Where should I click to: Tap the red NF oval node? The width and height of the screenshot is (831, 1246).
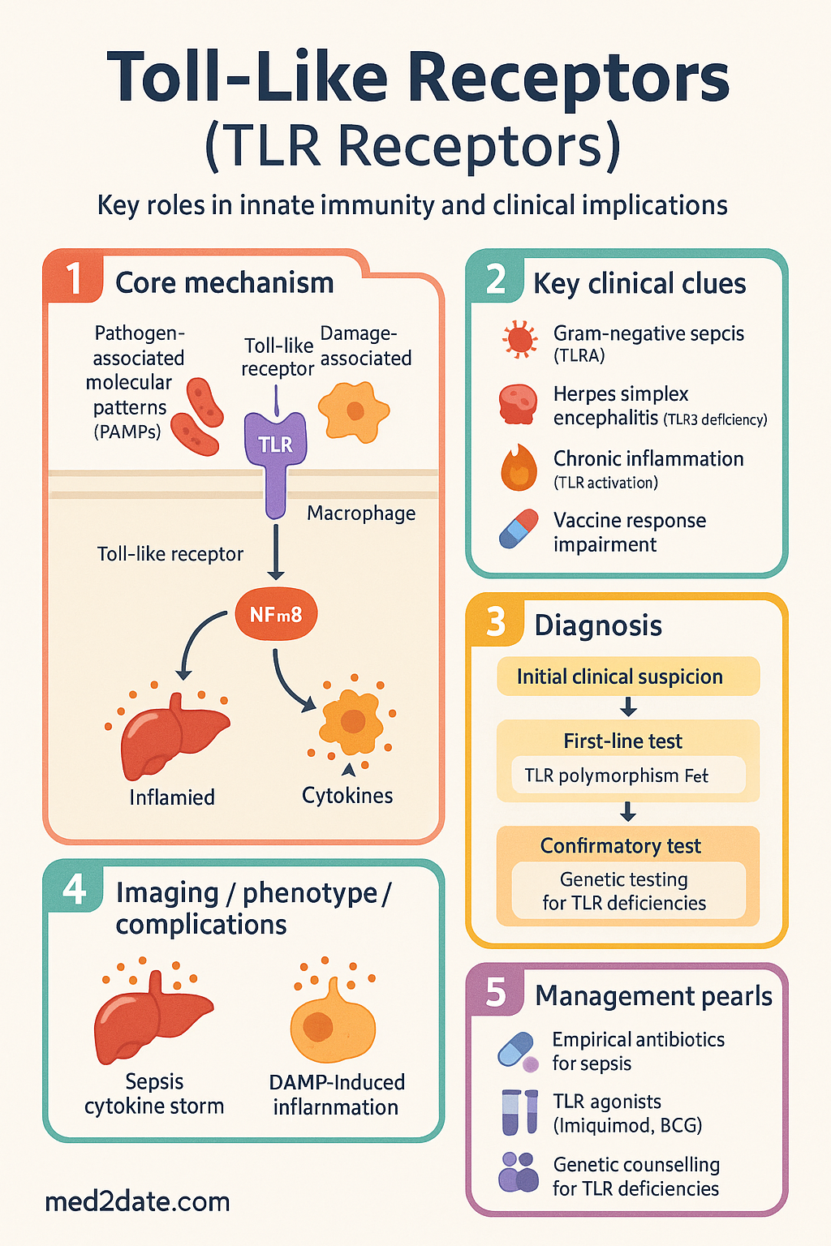[276, 615]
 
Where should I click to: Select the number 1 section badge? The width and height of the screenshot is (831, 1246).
[74, 278]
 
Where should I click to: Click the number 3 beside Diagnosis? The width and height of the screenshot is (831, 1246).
[496, 621]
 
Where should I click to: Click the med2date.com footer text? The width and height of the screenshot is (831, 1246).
[137, 1201]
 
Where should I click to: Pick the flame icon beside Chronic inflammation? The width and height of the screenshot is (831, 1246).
[519, 467]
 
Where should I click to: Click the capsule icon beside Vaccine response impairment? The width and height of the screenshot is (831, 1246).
[519, 529]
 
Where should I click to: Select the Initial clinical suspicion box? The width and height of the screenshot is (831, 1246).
[628, 677]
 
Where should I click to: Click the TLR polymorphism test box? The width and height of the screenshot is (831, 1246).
[628, 775]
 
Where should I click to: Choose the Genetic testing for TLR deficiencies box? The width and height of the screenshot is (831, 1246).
[628, 891]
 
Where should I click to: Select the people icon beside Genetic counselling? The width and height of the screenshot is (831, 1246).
[519, 1173]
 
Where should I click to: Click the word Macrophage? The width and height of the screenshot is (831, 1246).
[361, 513]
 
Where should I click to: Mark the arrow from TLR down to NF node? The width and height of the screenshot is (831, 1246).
[276, 551]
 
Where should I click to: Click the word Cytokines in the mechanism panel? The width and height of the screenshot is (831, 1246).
[347, 796]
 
